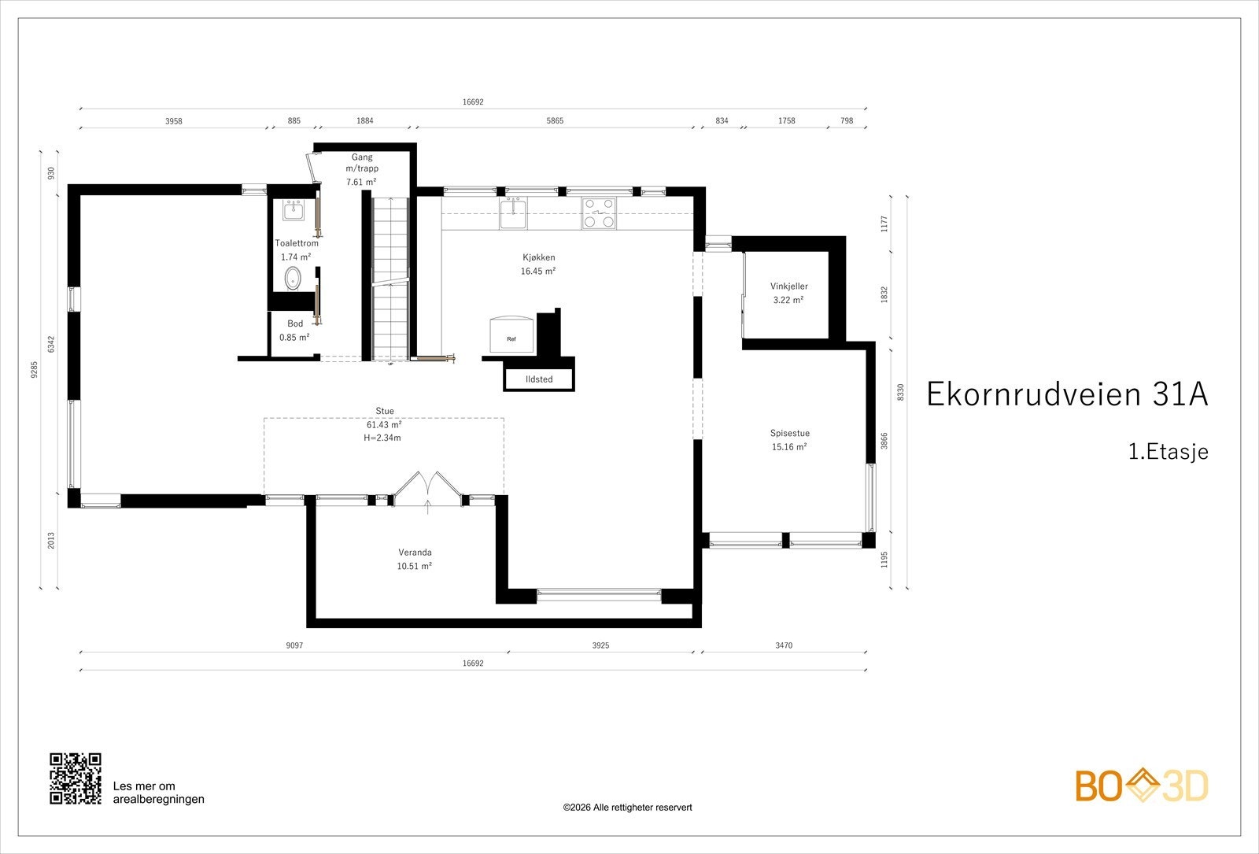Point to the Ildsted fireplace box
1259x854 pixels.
(538, 379)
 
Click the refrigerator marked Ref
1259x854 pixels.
(511, 335)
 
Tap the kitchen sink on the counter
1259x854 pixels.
(513, 213)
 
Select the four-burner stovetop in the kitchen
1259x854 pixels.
(599, 213)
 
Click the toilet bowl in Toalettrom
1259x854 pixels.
(292, 279)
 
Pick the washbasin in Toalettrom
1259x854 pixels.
(293, 210)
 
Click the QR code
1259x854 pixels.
(76, 778)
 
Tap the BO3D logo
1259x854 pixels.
(1142, 786)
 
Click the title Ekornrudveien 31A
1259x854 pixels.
(1067, 394)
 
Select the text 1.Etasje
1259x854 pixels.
(1168, 452)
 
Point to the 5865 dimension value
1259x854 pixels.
(555, 121)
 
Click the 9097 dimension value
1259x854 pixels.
(294, 645)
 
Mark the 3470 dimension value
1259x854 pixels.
(784, 645)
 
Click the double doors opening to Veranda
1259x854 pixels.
(428, 489)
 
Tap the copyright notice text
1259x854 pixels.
(627, 808)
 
